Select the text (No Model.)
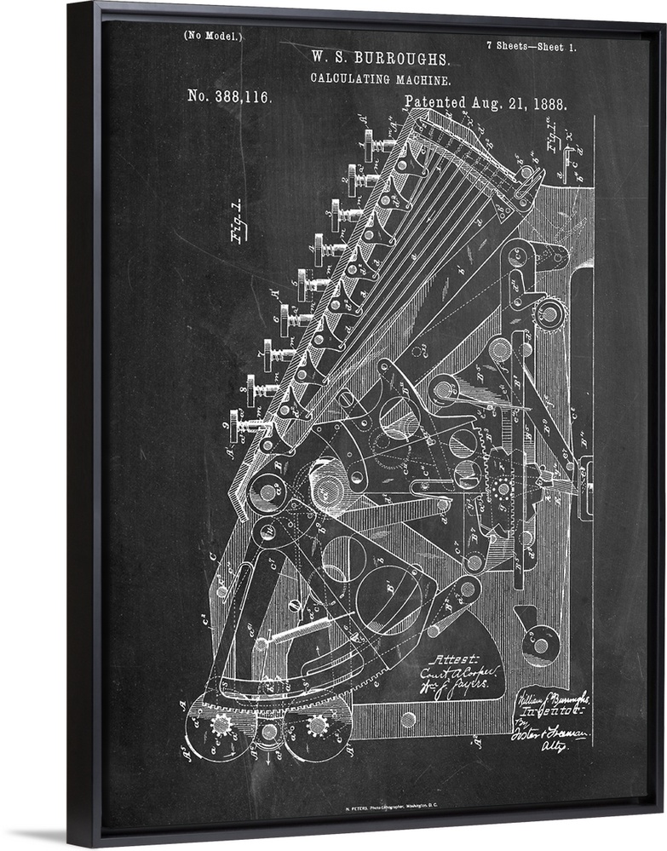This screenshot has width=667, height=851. (x=213, y=36)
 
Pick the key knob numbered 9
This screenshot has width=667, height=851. (x=242, y=424)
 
